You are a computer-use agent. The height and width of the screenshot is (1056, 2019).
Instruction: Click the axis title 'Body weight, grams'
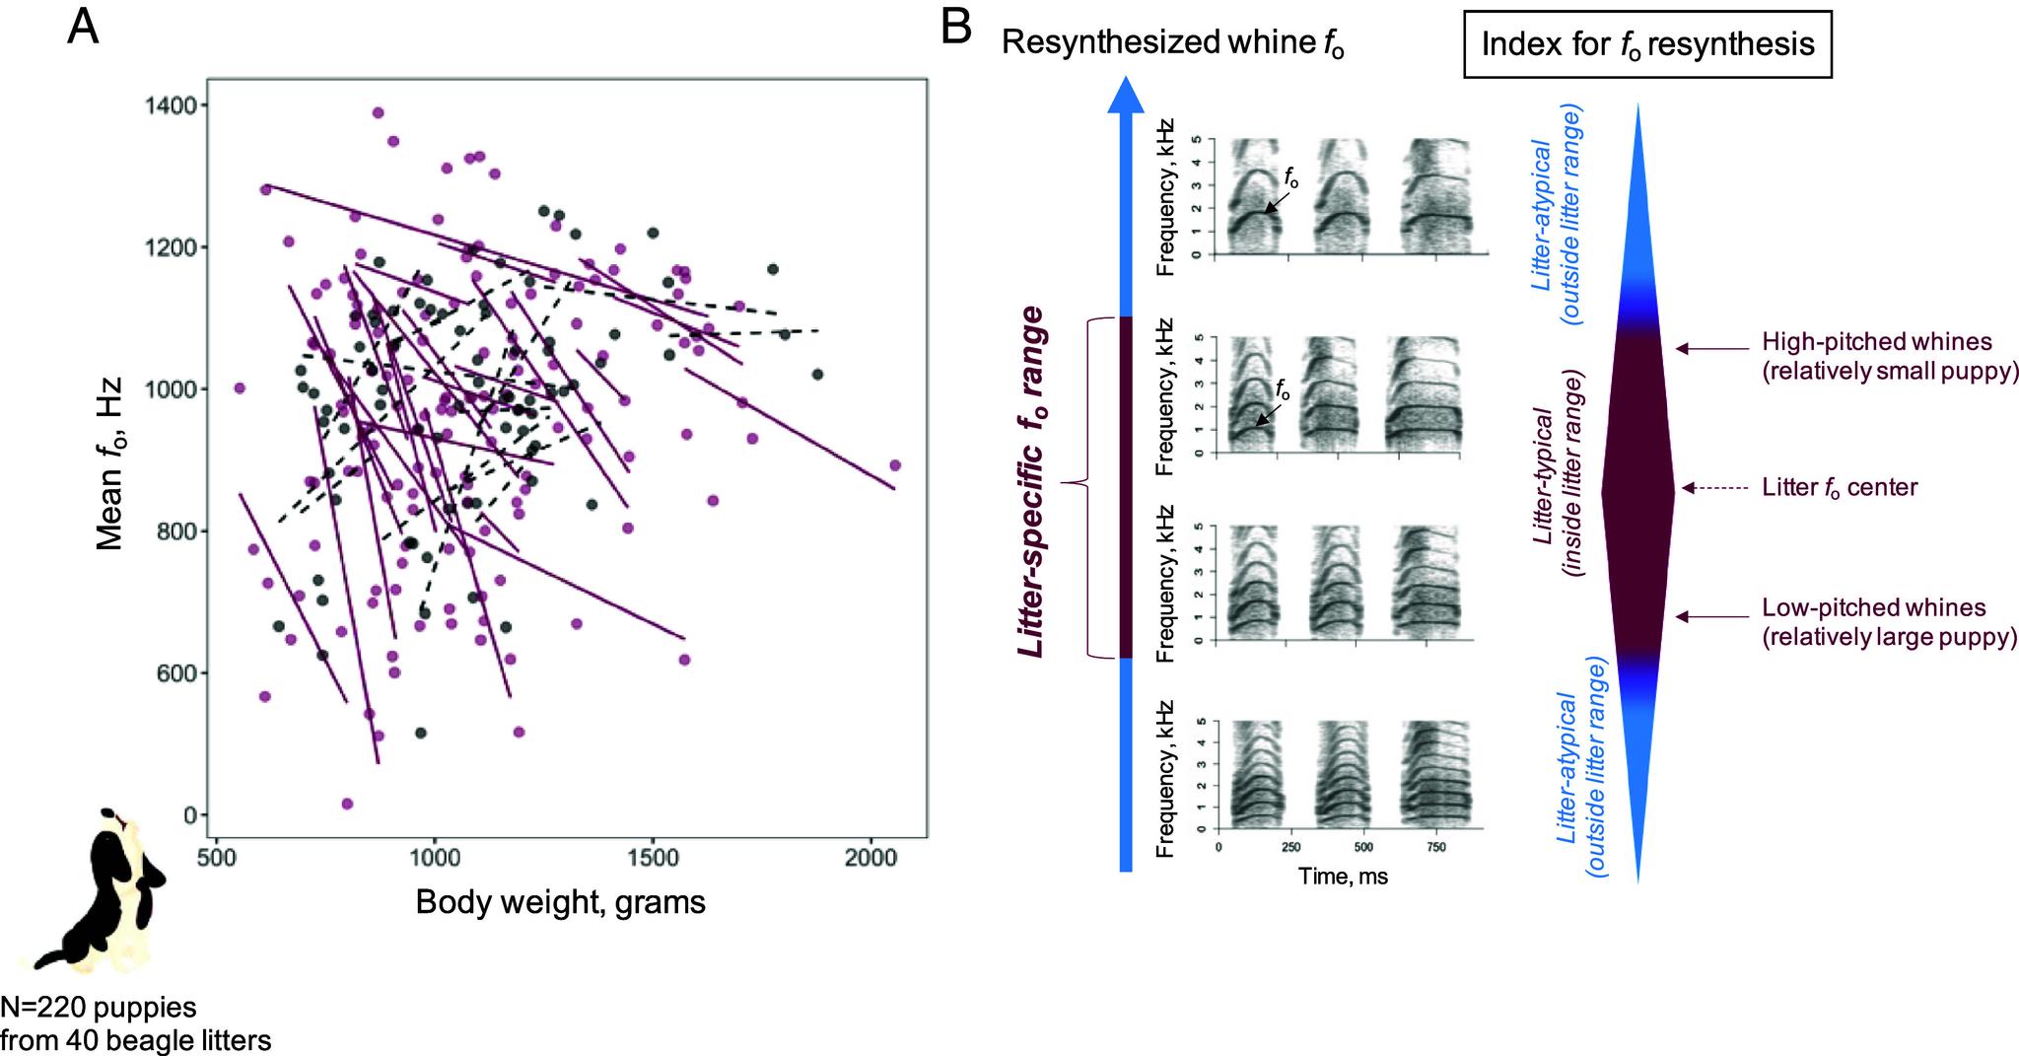(560, 902)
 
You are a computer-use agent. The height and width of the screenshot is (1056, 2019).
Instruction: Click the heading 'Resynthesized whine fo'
(1173, 43)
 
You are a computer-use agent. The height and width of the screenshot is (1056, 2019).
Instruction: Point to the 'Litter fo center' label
(1840, 487)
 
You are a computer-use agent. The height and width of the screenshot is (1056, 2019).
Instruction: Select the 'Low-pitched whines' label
(1873, 608)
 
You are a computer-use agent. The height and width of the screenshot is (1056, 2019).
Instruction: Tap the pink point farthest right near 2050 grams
(895, 465)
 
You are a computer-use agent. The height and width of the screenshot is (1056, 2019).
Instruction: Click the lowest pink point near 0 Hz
(347, 804)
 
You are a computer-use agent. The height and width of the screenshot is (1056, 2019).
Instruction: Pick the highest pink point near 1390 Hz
(378, 112)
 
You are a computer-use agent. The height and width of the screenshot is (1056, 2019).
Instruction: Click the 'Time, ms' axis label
(1343, 875)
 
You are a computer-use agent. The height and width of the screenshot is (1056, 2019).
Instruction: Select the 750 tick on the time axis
(1435, 847)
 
